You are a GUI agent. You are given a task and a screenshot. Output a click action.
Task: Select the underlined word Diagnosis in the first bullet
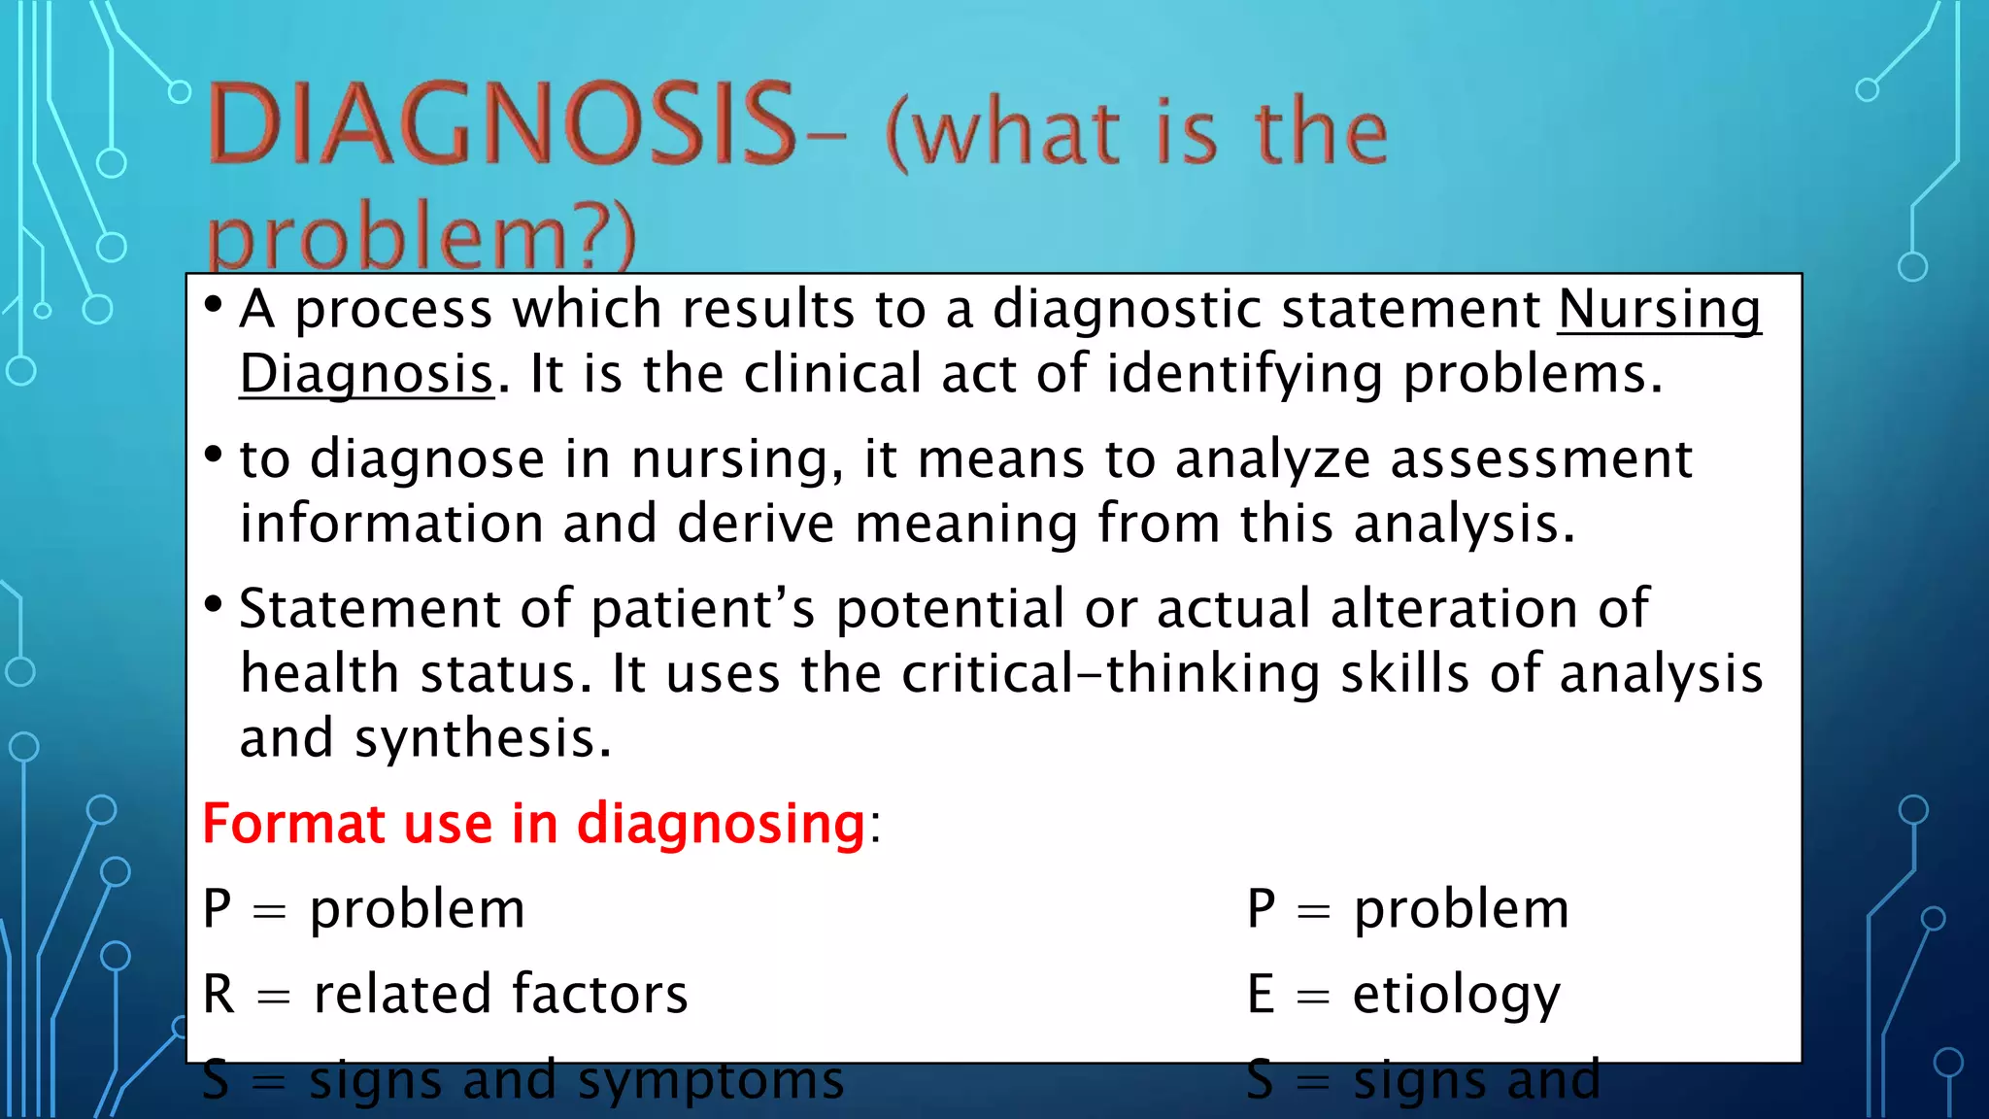pos(366,375)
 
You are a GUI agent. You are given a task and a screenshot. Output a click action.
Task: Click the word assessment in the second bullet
pos(1541,459)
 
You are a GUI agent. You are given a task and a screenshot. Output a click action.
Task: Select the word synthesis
pos(483,739)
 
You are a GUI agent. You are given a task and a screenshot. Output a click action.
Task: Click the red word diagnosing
pos(720,825)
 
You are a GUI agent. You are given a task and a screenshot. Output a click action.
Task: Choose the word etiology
pos(1456,996)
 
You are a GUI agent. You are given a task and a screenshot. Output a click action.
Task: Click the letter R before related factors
pos(219,995)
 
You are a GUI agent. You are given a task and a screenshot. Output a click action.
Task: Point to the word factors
pos(599,995)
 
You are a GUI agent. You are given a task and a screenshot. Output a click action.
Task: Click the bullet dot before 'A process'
pos(214,305)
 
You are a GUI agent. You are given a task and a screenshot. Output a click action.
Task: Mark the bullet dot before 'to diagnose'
pos(214,455)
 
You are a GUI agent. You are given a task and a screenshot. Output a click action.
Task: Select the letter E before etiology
pos(1260,995)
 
